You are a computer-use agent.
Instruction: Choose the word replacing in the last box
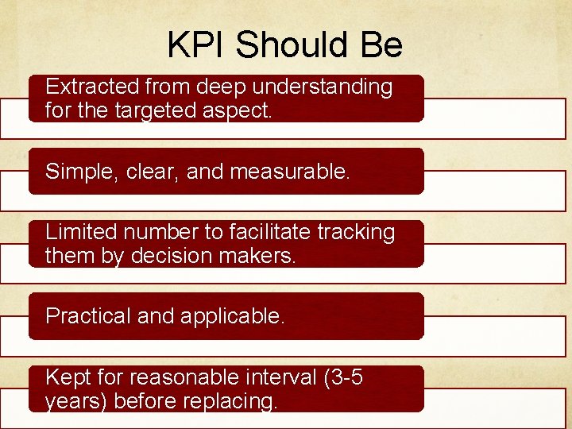tap(236, 401)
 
